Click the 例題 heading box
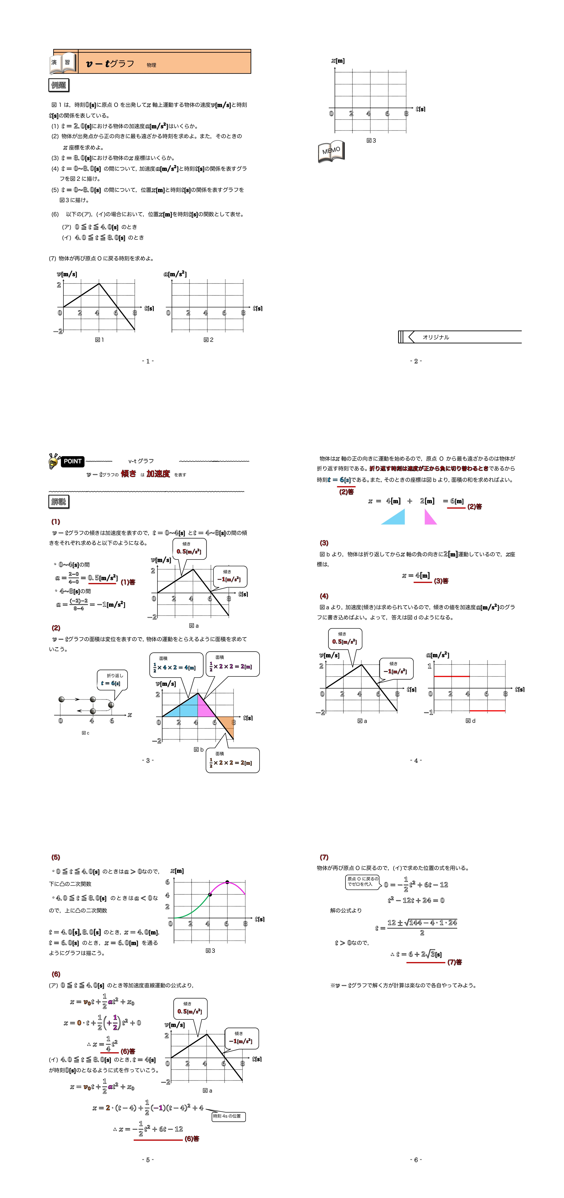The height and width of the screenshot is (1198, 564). click(59, 85)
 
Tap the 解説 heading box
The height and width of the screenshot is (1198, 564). click(59, 501)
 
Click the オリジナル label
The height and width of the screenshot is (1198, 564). click(436, 337)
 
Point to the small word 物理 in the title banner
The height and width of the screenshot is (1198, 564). click(151, 65)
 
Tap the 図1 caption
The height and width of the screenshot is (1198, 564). click(99, 340)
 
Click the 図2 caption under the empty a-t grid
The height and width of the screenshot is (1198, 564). click(209, 340)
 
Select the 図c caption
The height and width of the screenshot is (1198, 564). click(85, 733)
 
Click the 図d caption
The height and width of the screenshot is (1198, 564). click(471, 721)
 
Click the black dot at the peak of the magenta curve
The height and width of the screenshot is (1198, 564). click(227, 882)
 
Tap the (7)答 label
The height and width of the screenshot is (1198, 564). click(454, 962)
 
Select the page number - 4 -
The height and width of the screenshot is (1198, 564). click(416, 760)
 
